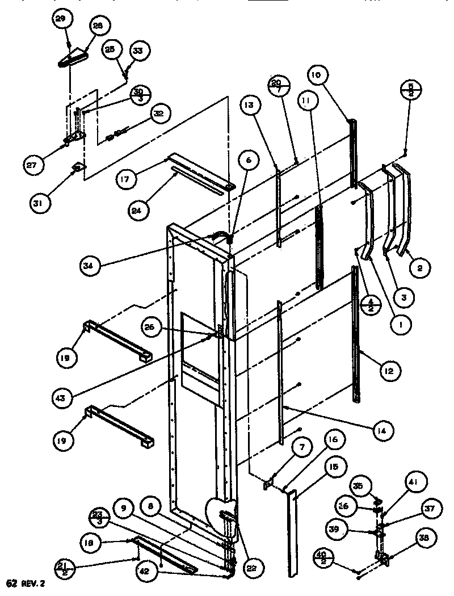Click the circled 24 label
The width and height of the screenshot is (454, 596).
coord(140,209)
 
